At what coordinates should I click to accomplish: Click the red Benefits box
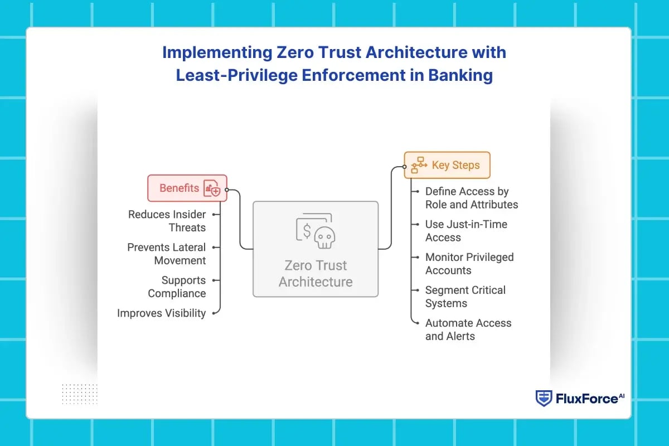coord(187,188)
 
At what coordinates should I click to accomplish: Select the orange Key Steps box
coord(447,165)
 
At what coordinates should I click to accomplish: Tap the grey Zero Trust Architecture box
coord(316,249)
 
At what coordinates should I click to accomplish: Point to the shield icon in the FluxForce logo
coord(544,398)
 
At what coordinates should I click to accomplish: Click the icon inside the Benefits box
coord(212,188)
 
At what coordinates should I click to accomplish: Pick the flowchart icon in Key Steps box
coord(419,165)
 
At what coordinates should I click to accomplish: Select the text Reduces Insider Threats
coord(167,221)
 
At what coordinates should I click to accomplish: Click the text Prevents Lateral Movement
coord(166,254)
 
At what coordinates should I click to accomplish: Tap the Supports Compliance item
coord(177,287)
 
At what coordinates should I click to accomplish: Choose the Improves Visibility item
coord(161,313)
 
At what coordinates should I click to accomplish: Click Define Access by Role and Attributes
coord(471,198)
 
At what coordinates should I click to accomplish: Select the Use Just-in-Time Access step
coord(466,231)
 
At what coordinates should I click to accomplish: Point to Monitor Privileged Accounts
coord(469,264)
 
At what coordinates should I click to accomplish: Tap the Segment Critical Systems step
coord(465,297)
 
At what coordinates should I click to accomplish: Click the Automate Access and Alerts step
coord(468,329)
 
